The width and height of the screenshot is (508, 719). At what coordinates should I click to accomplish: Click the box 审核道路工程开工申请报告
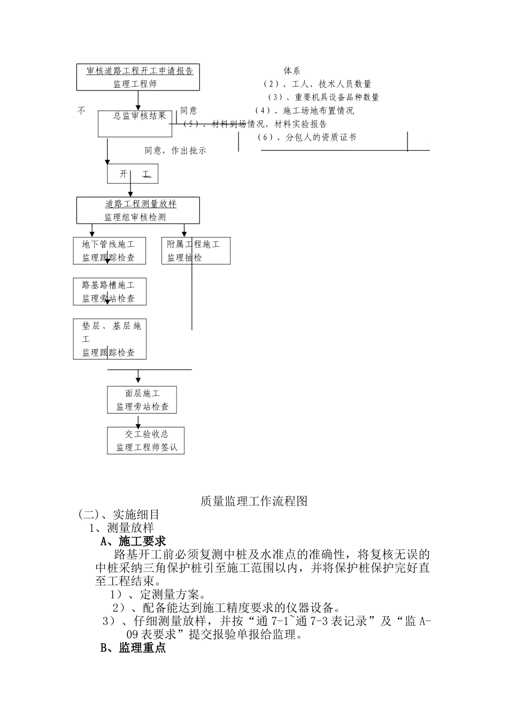pos(139,77)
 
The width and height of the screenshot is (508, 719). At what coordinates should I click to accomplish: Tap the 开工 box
pos(133,174)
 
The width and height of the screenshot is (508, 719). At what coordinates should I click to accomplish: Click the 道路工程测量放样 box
pos(138,210)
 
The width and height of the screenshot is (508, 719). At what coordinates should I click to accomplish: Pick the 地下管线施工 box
pos(108,250)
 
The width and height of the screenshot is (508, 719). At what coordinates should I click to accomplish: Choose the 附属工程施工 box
pos(196,250)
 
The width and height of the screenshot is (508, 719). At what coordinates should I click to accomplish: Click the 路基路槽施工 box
pos(109,292)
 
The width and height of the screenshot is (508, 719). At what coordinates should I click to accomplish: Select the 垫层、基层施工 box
pos(110,339)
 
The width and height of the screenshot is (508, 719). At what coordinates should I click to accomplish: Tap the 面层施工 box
pos(142,400)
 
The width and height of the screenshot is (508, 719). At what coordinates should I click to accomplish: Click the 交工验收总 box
pos(146,440)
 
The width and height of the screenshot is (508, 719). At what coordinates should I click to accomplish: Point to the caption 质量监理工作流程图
pos(254,501)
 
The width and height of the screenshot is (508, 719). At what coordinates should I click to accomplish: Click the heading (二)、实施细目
pos(119,514)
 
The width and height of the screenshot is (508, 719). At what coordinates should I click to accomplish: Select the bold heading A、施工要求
pos(133,541)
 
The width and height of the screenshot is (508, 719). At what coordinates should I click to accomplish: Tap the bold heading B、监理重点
pos(133,648)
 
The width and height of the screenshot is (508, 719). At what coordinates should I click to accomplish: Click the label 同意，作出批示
pos(175,151)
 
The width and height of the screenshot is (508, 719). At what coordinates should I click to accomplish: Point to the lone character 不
pos(81,111)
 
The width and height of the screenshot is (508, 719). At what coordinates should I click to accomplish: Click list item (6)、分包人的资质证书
pos(306,137)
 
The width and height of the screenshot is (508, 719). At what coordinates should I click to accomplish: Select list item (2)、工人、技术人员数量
pos(318,84)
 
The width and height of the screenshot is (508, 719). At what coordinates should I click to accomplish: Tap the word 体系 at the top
pos(292,71)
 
